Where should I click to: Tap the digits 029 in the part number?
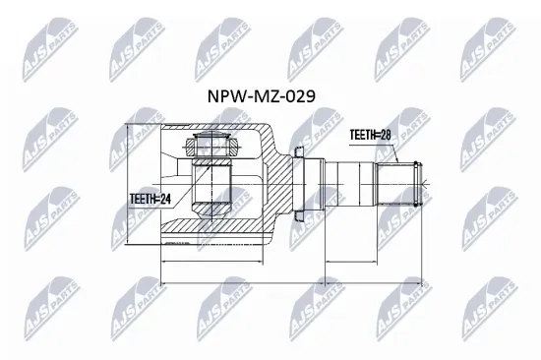pyautogui.click(x=301, y=96)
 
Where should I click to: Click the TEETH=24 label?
pyautogui.click(x=150, y=198)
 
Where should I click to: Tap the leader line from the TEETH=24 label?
pyautogui.click(x=183, y=198)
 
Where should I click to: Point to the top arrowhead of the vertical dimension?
pyautogui.click(x=129, y=129)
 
